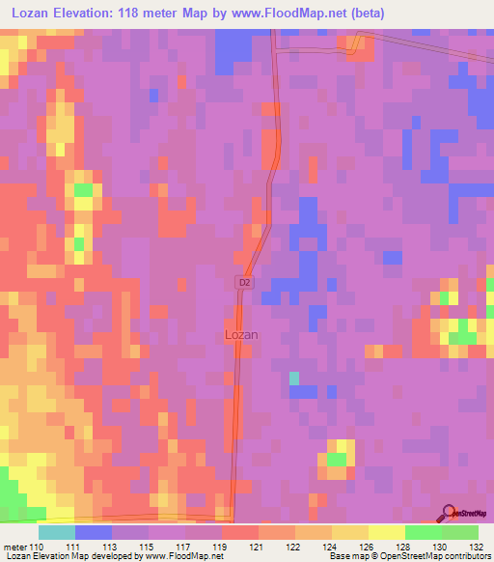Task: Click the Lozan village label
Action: (x=240, y=334)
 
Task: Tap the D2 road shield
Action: (x=244, y=282)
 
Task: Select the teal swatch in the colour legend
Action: (x=57, y=532)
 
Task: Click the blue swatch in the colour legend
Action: (x=94, y=532)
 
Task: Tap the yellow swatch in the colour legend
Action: (x=385, y=532)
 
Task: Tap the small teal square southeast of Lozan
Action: (x=294, y=377)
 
